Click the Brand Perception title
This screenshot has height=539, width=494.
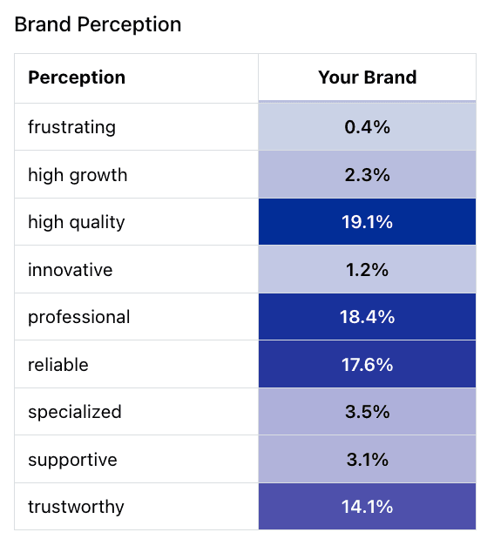pos(98,24)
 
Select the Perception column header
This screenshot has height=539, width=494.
pos(77,77)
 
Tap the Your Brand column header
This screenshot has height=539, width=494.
pos(367,77)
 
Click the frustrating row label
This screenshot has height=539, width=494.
pos(72,127)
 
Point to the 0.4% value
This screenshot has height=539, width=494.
pos(367,127)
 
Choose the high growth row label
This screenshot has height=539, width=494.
pos(78,175)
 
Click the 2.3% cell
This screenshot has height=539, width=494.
pos(367,175)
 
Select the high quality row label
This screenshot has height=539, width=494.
pos(77,223)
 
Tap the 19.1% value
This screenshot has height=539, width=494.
pos(367,222)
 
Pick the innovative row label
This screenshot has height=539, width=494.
pos(71,270)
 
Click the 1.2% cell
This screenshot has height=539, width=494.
pos(367,270)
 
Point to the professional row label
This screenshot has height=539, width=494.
pos(79,318)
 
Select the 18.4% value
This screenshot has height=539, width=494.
pos(367,317)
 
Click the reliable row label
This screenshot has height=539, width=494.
pos(58,365)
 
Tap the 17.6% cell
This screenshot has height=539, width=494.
pos(367,365)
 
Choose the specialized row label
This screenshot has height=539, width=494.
pos(75,413)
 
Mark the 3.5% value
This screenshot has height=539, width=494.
pos(367,412)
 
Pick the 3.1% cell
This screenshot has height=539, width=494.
pos(367,460)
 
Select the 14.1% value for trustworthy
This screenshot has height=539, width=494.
pos(367,507)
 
